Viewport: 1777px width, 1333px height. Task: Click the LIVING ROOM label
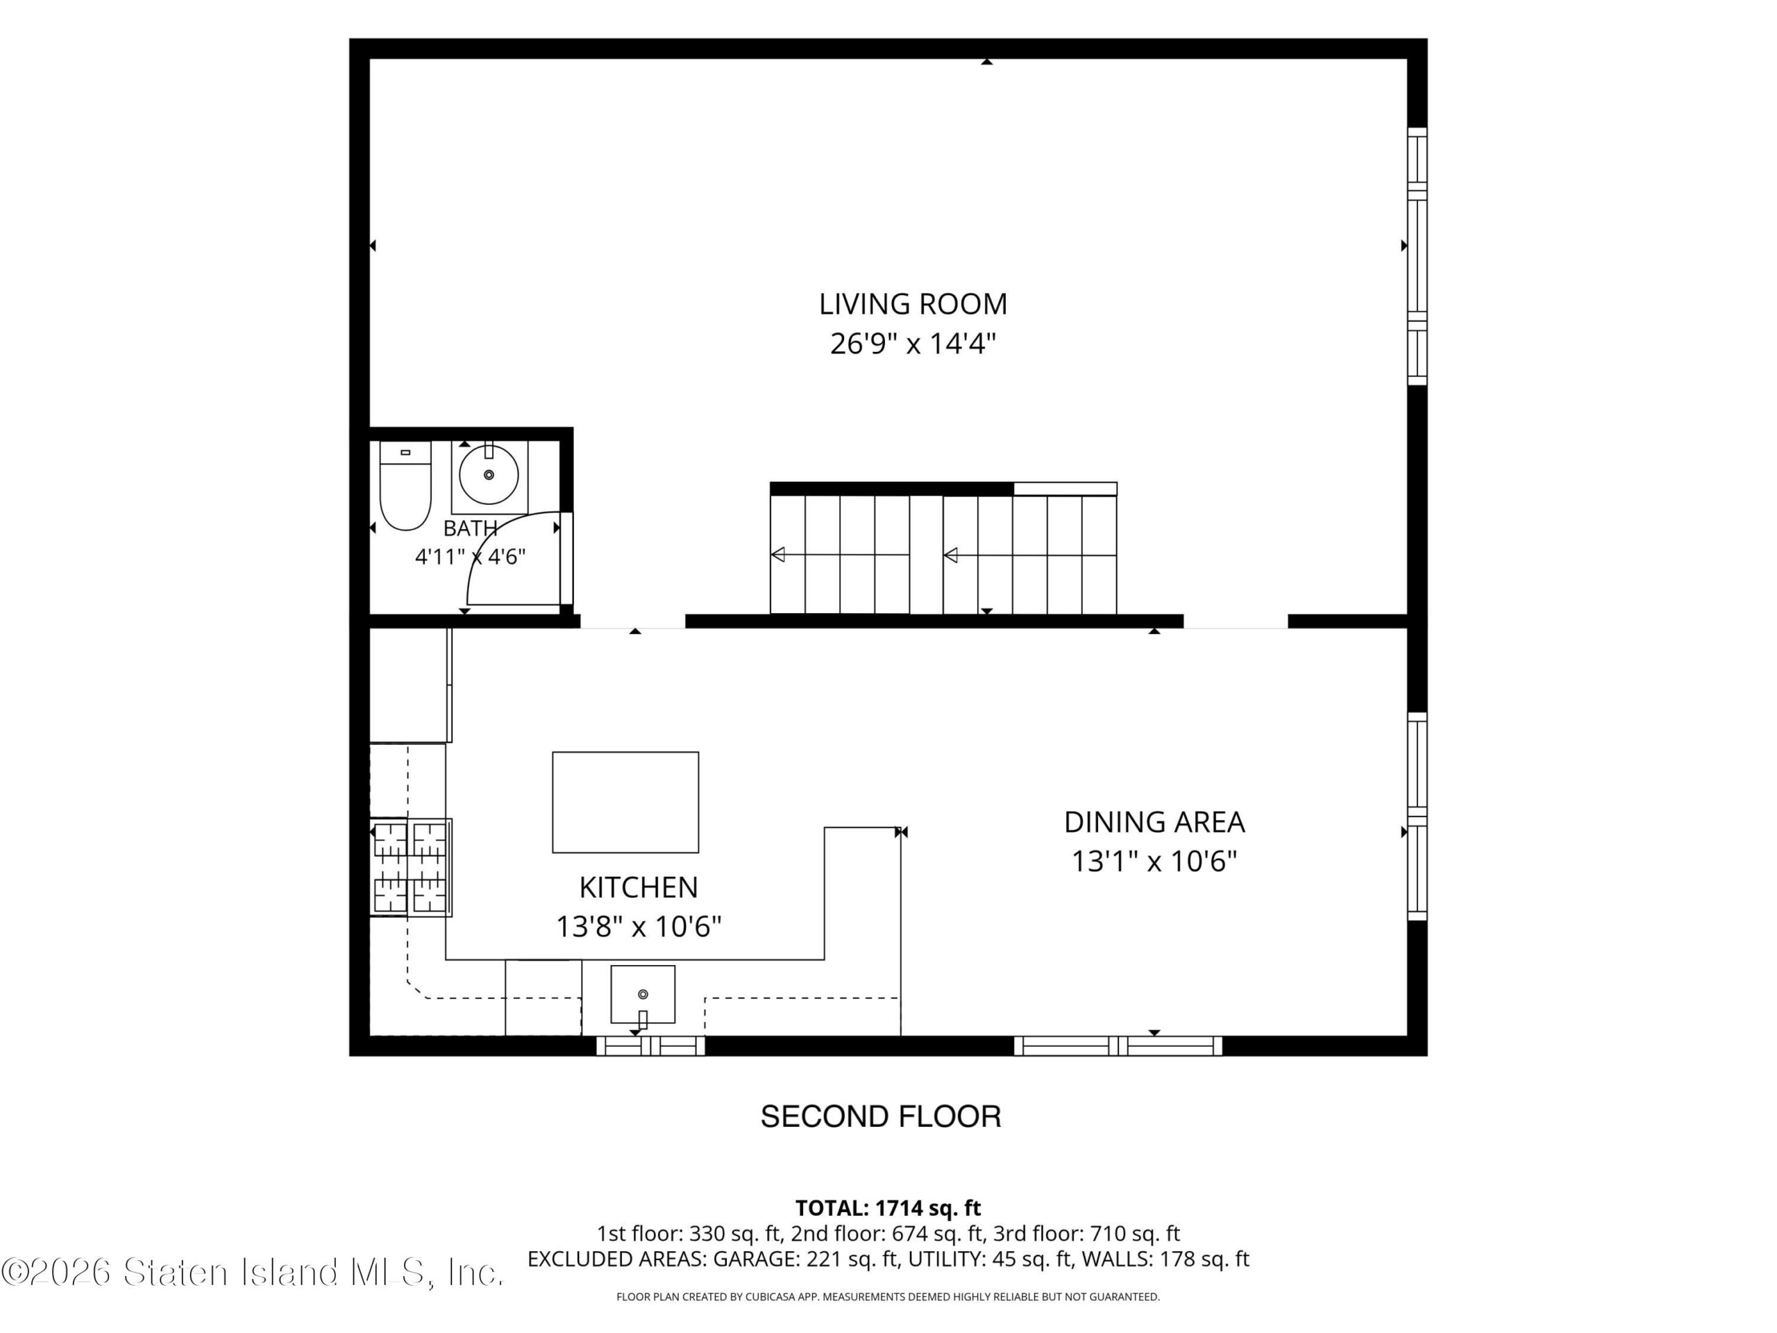coord(913,303)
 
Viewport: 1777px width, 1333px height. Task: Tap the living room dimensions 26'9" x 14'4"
coord(913,344)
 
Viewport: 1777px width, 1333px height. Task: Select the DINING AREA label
coord(1154,822)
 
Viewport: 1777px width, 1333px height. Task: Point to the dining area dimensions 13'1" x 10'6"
coord(1154,862)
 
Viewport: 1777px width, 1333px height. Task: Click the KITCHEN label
coord(639,887)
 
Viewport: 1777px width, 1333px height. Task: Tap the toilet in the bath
coord(405,485)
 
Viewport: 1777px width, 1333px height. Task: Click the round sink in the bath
coord(489,475)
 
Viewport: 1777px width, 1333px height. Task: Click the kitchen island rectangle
coord(625,802)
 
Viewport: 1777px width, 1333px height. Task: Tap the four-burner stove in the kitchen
coord(410,867)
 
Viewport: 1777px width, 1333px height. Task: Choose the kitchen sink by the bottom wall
coord(643,995)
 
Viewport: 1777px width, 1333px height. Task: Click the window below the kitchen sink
coord(650,1046)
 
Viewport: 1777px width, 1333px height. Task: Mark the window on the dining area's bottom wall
coord(1118,1046)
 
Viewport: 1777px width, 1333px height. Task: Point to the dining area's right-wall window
coord(1417,816)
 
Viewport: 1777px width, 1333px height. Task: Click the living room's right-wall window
coord(1417,256)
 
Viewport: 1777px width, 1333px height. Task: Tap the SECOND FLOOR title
coord(880,1116)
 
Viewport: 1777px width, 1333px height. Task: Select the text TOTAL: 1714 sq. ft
coord(888,1207)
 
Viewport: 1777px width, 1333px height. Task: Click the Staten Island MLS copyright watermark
coord(252,1272)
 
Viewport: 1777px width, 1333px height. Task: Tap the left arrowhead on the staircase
coord(777,555)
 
